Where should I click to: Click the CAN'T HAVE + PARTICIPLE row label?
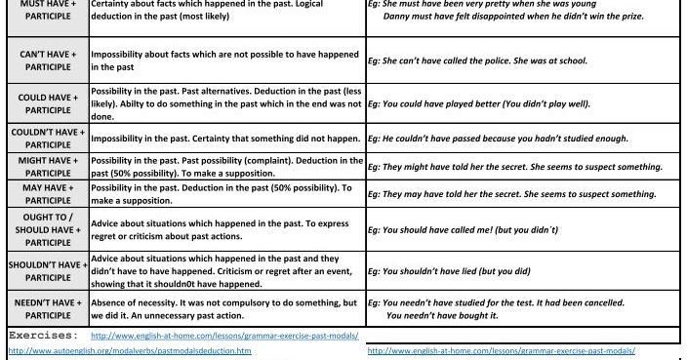[x=44, y=60]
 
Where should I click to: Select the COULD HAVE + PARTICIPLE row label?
[x=44, y=104]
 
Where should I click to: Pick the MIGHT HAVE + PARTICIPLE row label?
[x=44, y=167]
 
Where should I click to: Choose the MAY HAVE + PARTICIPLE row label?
[x=44, y=194]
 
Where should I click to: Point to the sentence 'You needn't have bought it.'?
[x=444, y=313]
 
